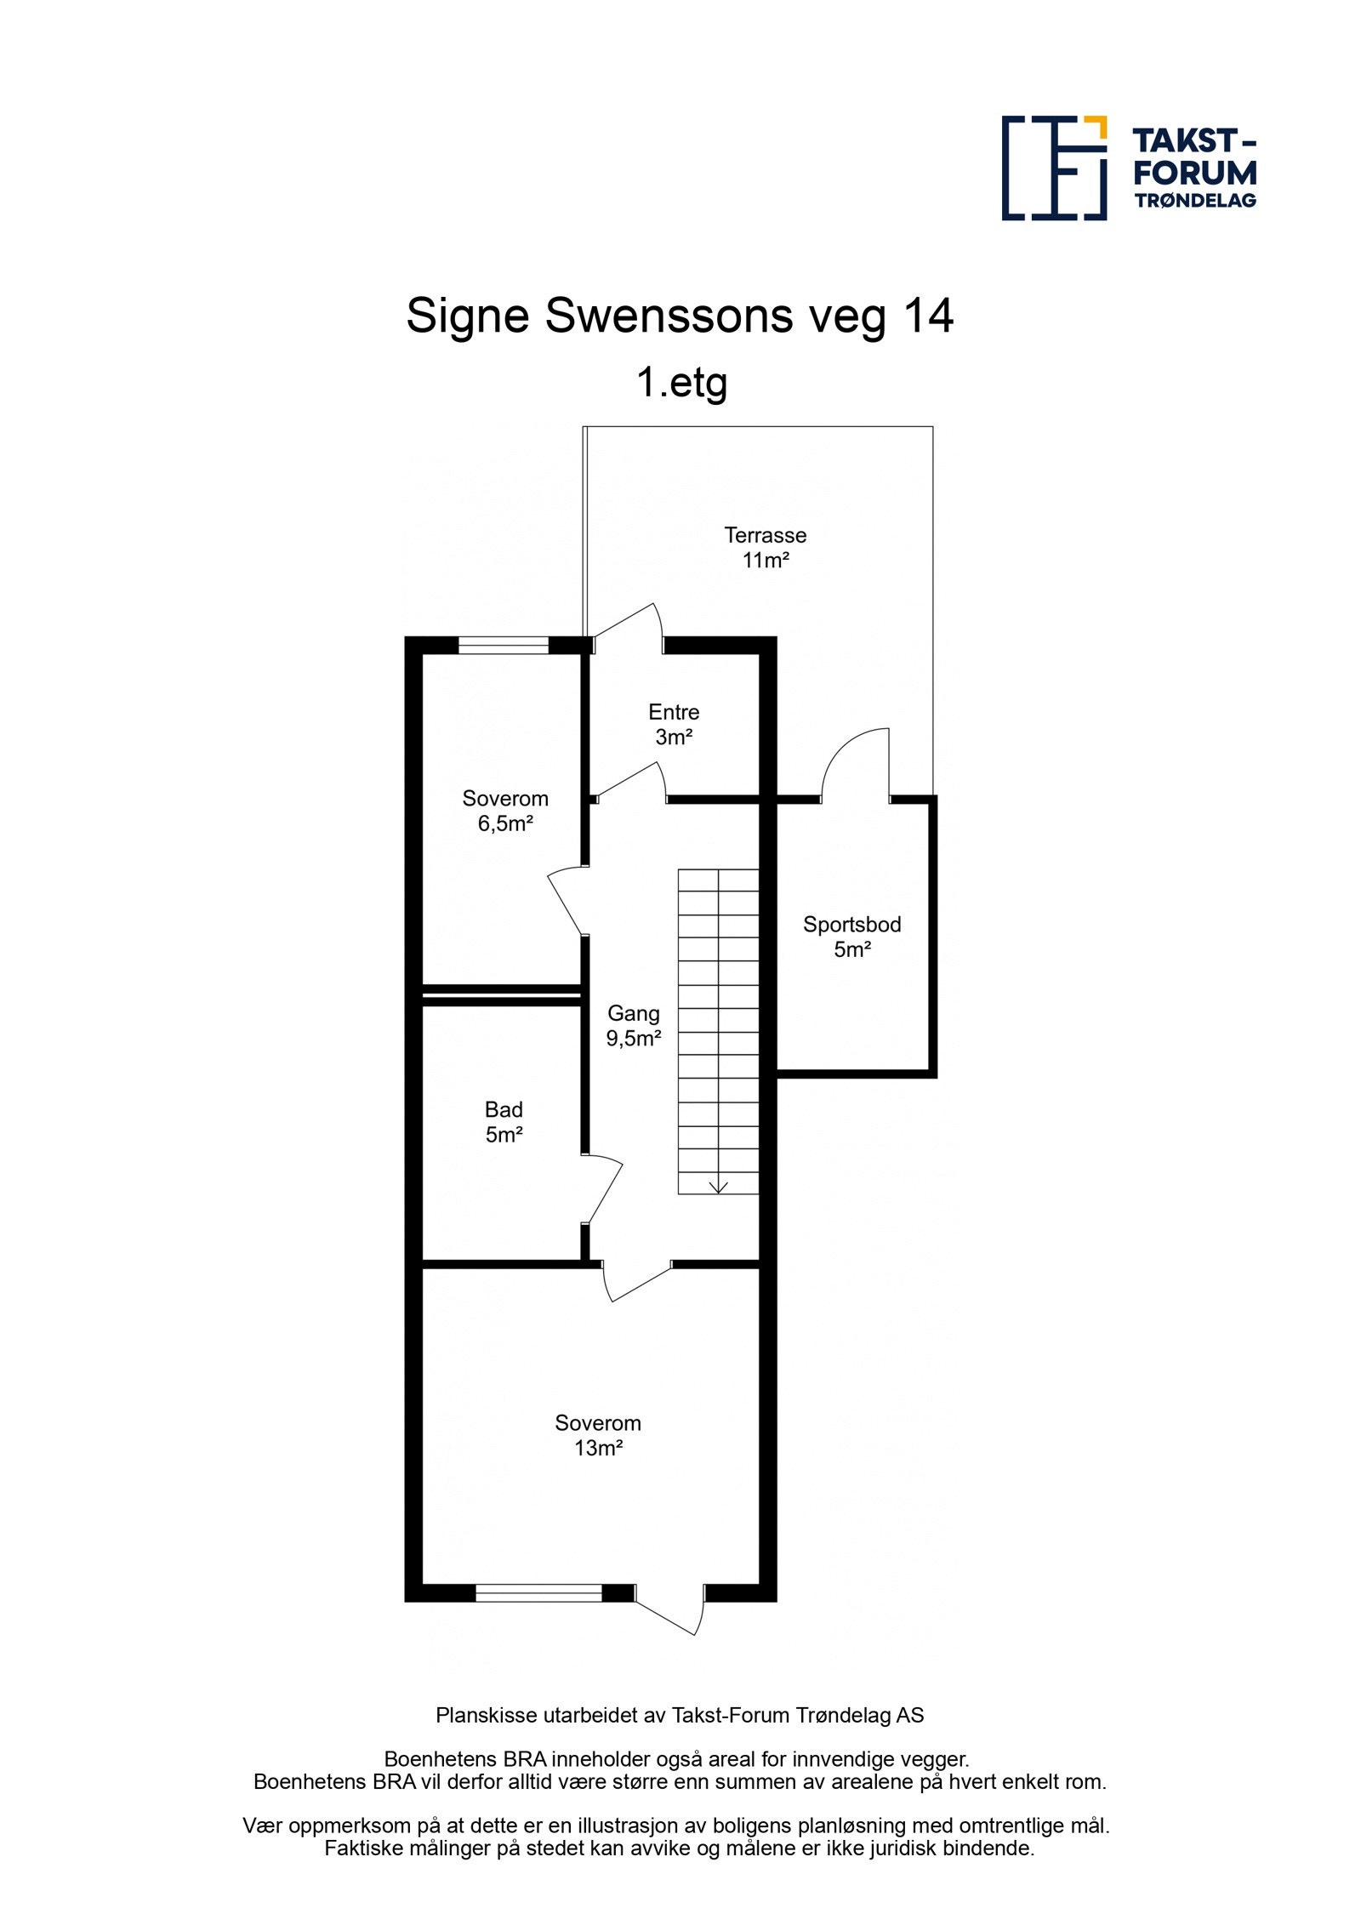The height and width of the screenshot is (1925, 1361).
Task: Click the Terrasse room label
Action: coord(765,535)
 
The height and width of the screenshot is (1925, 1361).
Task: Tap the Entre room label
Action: coord(674,712)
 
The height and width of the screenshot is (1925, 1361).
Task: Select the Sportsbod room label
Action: coord(851,925)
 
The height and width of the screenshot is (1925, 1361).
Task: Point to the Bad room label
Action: coord(504,1109)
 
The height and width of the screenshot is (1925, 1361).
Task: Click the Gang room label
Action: coord(633,1013)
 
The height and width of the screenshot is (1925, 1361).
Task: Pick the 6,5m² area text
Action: coord(505,823)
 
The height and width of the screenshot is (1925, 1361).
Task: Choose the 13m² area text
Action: coord(598,1448)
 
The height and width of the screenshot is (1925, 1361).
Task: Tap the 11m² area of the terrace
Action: coord(765,561)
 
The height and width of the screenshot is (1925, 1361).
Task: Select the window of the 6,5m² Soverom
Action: coord(504,646)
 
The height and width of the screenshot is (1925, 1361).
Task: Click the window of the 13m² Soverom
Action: coord(538,1592)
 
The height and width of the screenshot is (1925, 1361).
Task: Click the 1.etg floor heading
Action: coord(681,382)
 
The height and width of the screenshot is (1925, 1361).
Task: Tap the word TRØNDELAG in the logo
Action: coord(1194,201)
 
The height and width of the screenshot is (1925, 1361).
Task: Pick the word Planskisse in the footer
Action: coord(475,1716)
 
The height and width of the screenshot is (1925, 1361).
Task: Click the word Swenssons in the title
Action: coord(668,316)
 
